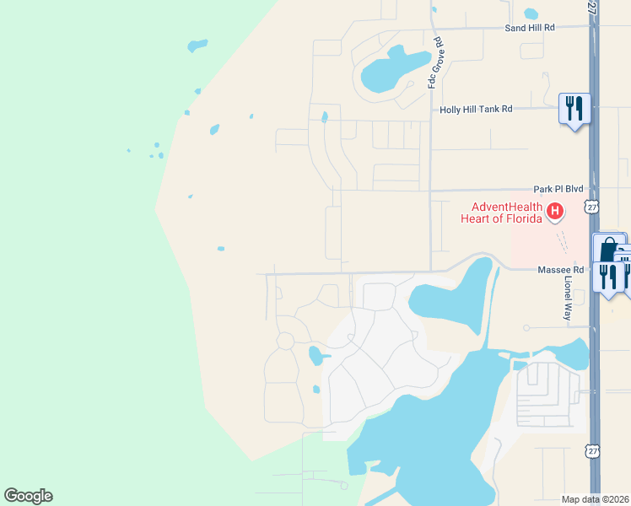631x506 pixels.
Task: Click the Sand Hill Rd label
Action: [530, 28]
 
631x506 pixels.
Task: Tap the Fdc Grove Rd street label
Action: [435, 63]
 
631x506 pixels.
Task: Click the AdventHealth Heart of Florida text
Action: [503, 213]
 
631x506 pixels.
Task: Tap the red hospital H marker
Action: [554, 211]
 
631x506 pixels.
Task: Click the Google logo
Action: [28, 496]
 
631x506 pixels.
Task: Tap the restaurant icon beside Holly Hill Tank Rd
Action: [574, 108]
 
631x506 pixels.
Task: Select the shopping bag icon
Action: [607, 250]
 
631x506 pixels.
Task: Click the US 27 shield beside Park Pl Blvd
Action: [592, 207]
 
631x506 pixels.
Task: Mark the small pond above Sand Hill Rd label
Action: [531, 13]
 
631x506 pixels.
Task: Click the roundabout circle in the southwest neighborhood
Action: [285, 341]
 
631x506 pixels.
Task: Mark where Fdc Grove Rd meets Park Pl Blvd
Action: [430, 191]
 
